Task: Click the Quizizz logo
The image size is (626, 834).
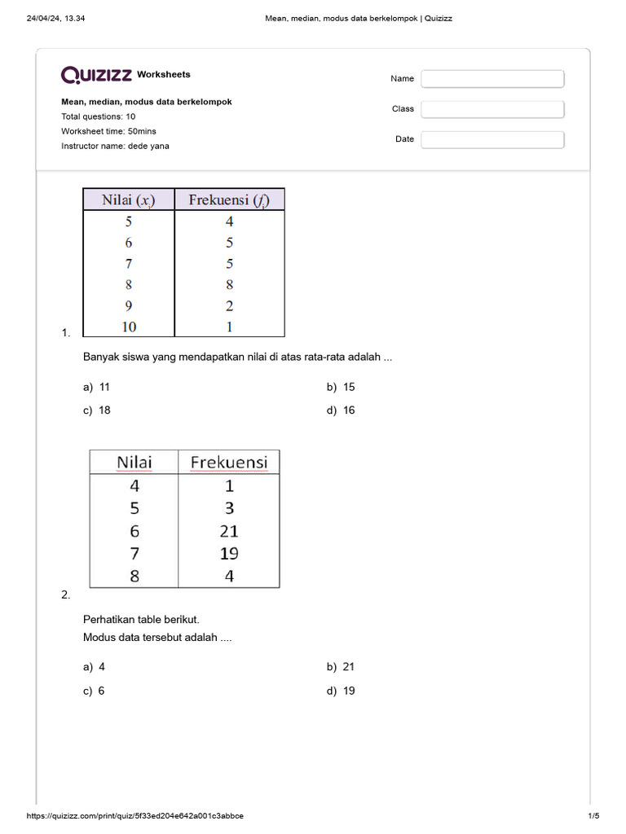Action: [x=96, y=75]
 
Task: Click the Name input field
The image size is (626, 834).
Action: [x=492, y=79]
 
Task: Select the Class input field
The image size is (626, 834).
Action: [x=492, y=109]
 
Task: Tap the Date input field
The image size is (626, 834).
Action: [x=492, y=139]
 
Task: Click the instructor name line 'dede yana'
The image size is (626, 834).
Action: [x=115, y=146]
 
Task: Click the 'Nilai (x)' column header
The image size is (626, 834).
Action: [x=128, y=200]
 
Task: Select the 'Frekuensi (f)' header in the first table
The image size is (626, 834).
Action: [x=229, y=200]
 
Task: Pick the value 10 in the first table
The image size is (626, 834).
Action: [x=129, y=327]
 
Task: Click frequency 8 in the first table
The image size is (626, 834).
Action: [x=229, y=284]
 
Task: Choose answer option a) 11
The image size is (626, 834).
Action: [x=96, y=387]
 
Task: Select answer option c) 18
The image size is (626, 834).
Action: [x=96, y=410]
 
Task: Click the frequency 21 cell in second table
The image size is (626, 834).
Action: [x=229, y=531]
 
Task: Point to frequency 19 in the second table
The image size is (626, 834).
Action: [x=229, y=554]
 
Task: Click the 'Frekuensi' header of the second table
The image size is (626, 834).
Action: [x=229, y=463]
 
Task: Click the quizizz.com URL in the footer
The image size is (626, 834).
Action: [x=134, y=816]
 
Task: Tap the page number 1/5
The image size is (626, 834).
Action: [x=593, y=816]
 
